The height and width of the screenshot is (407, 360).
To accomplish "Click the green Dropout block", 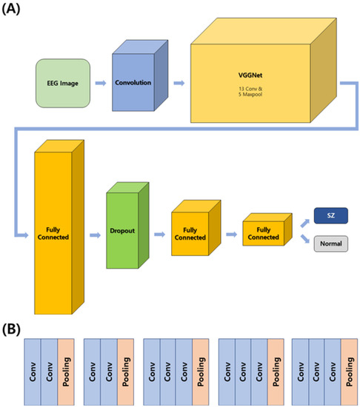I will click(x=123, y=232).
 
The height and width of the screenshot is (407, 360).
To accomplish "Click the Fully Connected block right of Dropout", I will click(x=190, y=232).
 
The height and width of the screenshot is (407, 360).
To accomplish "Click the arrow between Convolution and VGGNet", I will click(x=177, y=83).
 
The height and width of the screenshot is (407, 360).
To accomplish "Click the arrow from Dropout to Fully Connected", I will click(x=159, y=232).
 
